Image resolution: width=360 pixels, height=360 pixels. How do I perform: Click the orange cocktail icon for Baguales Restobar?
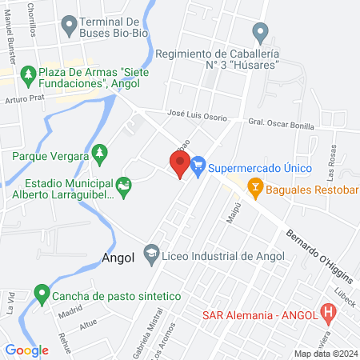[255, 189]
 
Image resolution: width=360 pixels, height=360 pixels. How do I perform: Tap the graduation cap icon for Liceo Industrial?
[150, 256]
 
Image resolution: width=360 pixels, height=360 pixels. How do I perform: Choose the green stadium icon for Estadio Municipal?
[124, 188]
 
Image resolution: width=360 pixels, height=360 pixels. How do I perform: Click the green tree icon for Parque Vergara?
[99, 150]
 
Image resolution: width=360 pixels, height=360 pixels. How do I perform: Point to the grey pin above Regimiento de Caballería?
[259, 33]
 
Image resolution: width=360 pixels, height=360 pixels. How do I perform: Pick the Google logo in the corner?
[26, 350]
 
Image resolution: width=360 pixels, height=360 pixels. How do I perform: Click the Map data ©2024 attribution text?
[326, 354]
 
